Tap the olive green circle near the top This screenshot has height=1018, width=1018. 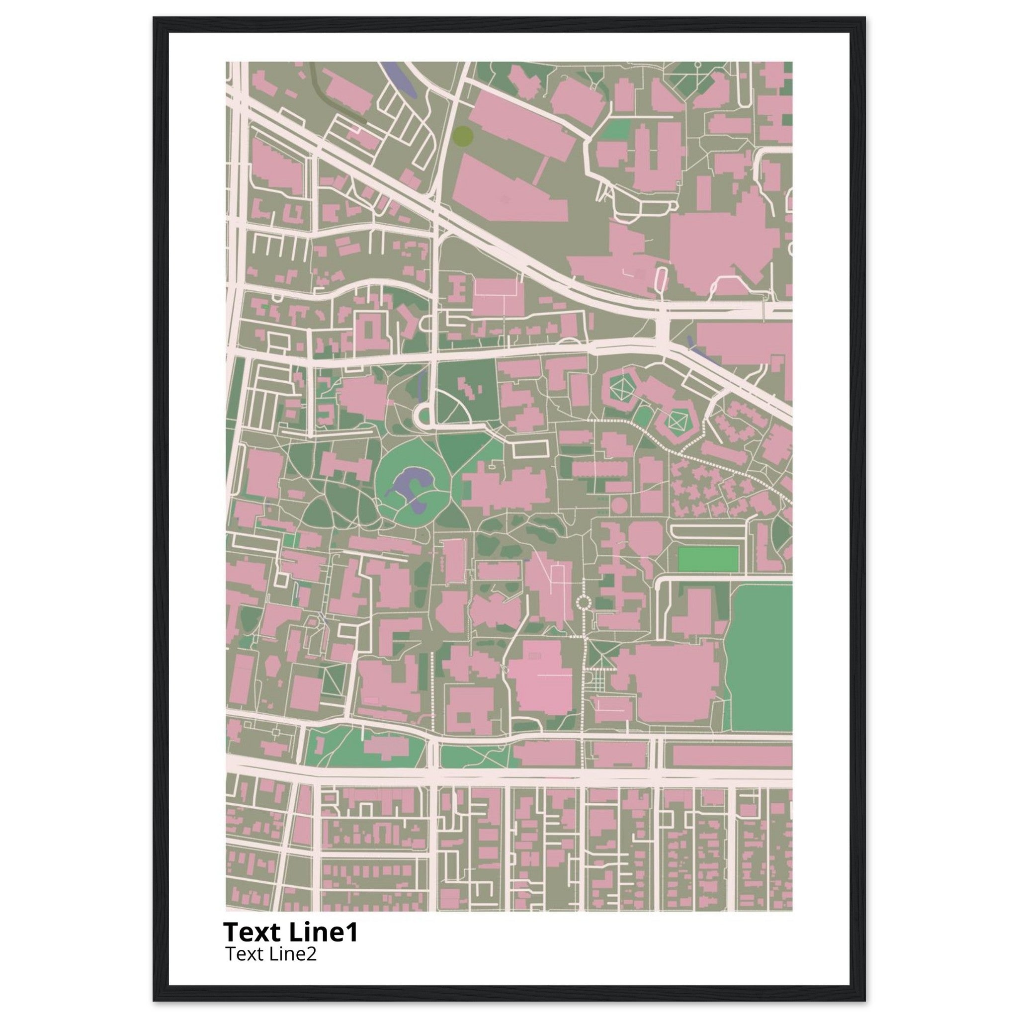pos(462,136)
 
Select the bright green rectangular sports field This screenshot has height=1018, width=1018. pos(708,559)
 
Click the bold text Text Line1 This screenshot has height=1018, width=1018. pos(290,932)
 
